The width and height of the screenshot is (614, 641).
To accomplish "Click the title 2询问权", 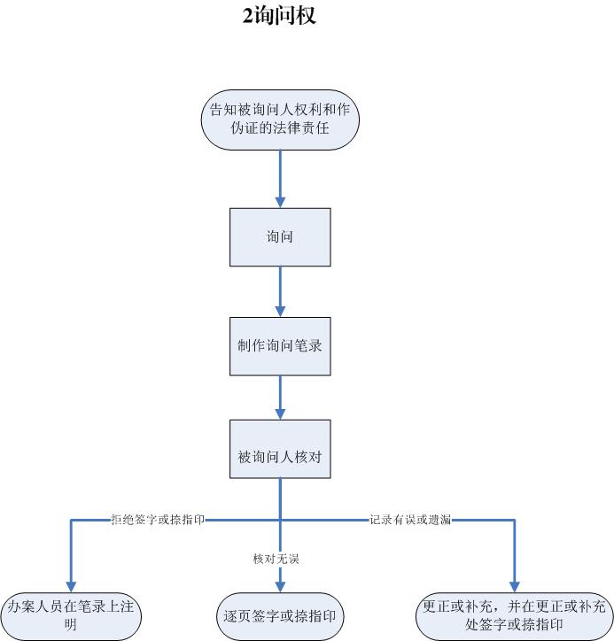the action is (x=279, y=16).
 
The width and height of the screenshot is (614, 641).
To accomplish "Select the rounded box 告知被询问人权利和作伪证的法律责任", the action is (x=280, y=120).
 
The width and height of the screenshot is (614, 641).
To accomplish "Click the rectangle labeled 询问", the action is (x=280, y=237).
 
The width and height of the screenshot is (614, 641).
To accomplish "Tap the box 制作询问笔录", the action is (x=280, y=346).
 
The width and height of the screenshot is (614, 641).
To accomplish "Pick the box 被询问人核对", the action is (x=280, y=449).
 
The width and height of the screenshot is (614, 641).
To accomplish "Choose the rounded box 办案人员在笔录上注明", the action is (x=71, y=616).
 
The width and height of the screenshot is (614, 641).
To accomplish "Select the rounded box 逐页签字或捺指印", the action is (x=280, y=616).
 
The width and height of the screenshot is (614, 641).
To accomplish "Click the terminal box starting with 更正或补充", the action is (x=515, y=616).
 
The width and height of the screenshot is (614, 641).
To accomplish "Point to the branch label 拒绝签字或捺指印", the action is (x=158, y=520).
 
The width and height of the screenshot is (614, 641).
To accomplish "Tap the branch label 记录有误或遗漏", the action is (x=410, y=520).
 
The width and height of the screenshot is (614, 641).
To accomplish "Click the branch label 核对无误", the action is (x=276, y=559).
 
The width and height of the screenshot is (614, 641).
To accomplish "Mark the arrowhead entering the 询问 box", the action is (x=280, y=202).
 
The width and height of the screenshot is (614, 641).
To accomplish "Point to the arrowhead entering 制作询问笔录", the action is (x=280, y=311).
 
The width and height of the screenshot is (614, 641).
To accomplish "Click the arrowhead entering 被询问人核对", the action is (x=280, y=413).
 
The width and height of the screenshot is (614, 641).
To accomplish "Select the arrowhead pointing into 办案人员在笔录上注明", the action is (x=71, y=587).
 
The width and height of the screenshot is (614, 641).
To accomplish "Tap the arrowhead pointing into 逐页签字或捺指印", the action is (x=280, y=587).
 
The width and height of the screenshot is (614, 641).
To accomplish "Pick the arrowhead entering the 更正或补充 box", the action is (x=515, y=587).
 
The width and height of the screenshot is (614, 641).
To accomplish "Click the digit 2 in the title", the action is (x=247, y=16).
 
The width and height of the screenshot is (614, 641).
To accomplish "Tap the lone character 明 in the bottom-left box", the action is (x=70, y=625).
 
